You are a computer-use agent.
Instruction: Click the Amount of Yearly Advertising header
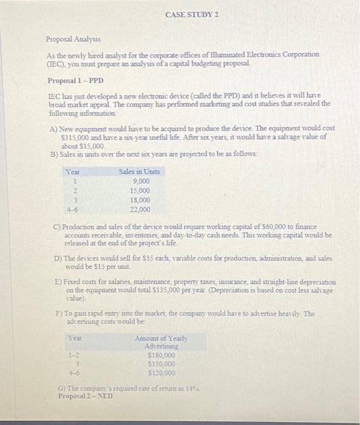click(x=161, y=341)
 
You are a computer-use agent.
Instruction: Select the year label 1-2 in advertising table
click(x=72, y=355)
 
